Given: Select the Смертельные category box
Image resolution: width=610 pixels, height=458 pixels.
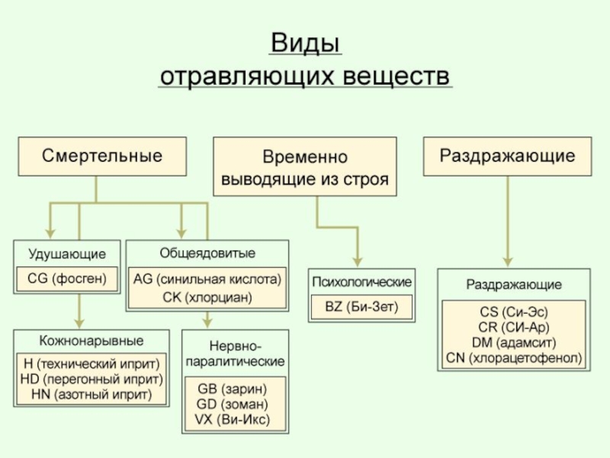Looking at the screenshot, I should click(102, 156).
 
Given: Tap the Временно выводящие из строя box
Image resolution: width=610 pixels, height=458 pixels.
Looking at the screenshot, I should click(305, 168).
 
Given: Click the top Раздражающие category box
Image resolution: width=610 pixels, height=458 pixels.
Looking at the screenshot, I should click(507, 156).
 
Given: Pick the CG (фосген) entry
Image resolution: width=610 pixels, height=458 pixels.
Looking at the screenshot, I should click(67, 279).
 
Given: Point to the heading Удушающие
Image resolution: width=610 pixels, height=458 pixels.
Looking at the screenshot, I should click(67, 253).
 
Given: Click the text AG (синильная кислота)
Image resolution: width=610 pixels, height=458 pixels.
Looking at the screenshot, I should click(207, 279).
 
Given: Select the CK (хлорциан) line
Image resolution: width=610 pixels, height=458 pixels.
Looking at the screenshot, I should click(207, 296).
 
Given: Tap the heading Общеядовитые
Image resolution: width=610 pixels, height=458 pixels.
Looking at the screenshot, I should click(207, 253).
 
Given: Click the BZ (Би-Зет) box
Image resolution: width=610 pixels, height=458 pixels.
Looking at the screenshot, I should click(362, 308).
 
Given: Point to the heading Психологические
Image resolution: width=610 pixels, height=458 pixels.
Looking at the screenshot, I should click(362, 282).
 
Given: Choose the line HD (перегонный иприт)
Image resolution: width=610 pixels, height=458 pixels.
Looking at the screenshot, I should click(92, 379).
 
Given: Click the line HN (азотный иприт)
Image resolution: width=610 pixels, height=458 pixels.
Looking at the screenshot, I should click(92, 395).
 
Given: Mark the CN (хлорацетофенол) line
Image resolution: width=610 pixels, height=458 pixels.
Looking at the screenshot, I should click(513, 356).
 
